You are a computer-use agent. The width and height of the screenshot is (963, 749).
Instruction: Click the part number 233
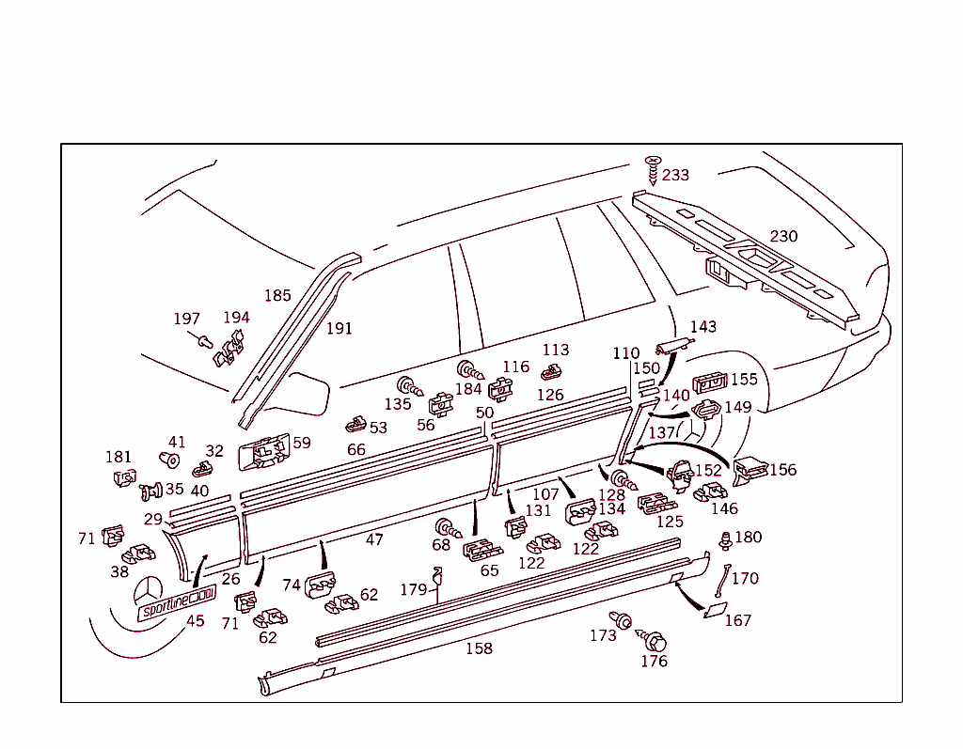click(x=675, y=175)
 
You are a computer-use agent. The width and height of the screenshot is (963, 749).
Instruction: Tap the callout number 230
click(x=783, y=236)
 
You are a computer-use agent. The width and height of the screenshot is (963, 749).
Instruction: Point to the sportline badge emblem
click(x=177, y=601)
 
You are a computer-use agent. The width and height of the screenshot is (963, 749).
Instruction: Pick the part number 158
click(x=479, y=648)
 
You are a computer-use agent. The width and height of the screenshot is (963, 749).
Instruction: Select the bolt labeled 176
click(x=655, y=641)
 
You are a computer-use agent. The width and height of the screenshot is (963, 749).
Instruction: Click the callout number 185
click(x=277, y=296)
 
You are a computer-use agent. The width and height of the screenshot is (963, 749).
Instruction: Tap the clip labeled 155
click(x=710, y=382)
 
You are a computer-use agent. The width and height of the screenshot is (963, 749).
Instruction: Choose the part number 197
click(x=186, y=320)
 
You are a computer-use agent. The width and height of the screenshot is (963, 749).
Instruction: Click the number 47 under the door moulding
click(x=374, y=540)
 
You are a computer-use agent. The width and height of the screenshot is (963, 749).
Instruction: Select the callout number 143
click(x=703, y=327)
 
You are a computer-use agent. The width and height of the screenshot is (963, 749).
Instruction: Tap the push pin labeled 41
click(x=171, y=460)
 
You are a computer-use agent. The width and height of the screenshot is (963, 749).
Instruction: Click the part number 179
click(x=414, y=590)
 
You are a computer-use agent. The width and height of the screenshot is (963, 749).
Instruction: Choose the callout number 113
click(x=556, y=350)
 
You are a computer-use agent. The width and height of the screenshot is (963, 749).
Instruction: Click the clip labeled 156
click(x=750, y=470)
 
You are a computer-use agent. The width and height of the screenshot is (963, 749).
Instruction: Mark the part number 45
click(x=196, y=621)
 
